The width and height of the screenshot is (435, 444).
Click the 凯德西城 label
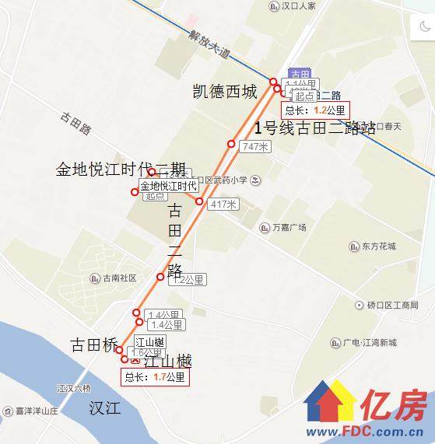click(x=224, y=92)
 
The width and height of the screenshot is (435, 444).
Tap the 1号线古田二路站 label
click(x=317, y=128)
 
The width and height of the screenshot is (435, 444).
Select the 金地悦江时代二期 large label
click(x=121, y=170)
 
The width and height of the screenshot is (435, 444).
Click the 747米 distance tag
click(x=255, y=147)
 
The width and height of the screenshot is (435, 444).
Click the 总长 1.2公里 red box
click(x=316, y=110)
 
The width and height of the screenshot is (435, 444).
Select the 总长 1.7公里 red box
click(x=155, y=377)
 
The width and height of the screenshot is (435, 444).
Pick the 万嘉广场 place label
click(x=289, y=228)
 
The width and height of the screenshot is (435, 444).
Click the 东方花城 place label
click(x=378, y=246)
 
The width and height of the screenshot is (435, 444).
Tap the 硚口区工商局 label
click(x=392, y=306)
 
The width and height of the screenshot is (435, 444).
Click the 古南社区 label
click(x=118, y=278)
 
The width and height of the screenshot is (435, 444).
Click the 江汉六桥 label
click(x=74, y=388)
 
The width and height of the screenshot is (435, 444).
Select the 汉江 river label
click(x=105, y=407)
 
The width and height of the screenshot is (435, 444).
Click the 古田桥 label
click(x=93, y=344)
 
